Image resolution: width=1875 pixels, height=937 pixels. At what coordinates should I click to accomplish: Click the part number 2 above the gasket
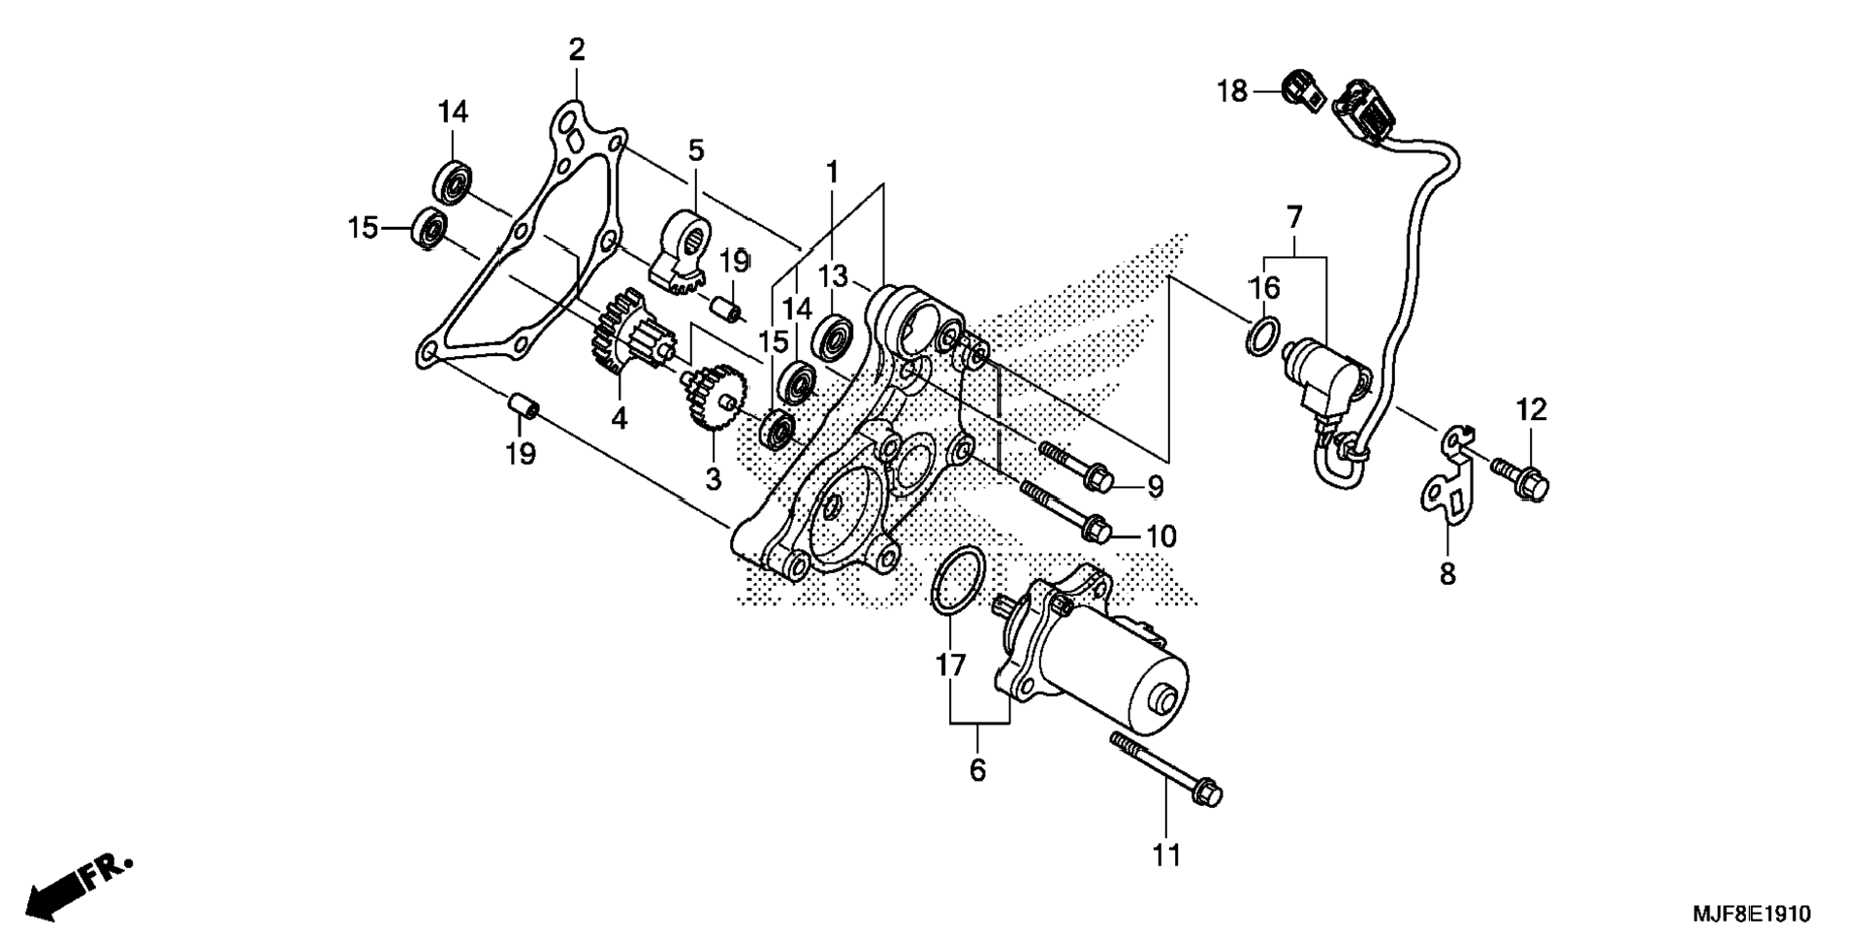coord(577,50)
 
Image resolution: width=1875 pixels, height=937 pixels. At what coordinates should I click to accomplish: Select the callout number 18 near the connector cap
coord(1232,92)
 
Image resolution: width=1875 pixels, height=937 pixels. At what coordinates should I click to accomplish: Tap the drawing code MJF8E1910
coord(1751,914)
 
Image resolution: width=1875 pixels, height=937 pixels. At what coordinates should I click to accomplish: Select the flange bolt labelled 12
coord(1522,477)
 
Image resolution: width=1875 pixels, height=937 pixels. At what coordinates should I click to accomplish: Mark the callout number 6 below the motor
coord(977,770)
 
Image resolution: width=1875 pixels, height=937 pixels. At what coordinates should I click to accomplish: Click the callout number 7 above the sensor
coord(1294,217)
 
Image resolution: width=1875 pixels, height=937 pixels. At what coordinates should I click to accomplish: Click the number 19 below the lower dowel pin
coord(521,454)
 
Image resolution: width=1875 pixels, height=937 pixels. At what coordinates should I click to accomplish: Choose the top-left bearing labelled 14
coord(452,182)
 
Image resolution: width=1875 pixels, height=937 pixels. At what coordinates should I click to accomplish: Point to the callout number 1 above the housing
coord(831,173)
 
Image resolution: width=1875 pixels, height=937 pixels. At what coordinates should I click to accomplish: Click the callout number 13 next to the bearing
coord(832,275)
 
